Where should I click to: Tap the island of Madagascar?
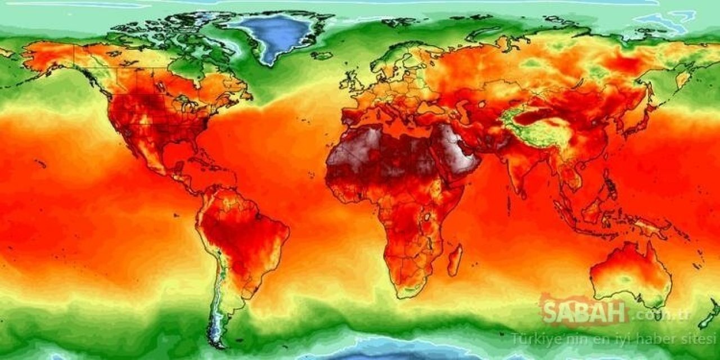tap(455, 259)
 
